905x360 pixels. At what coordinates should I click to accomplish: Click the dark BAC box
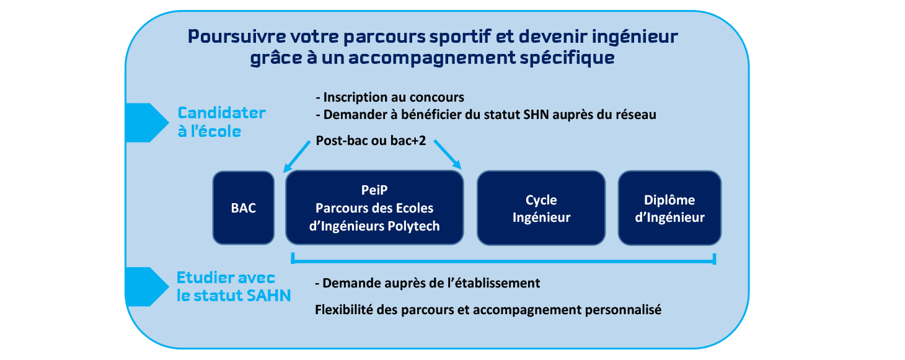coord(244,208)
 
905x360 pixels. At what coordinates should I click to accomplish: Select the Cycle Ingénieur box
coord(541,208)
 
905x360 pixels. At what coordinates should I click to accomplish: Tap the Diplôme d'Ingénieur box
coord(669,208)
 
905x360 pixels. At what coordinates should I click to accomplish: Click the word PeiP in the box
coord(374,190)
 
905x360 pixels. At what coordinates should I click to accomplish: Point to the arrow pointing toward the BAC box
coord(297,156)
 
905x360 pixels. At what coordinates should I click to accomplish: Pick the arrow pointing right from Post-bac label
coord(448,154)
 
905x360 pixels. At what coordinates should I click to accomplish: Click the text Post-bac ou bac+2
coord(371,141)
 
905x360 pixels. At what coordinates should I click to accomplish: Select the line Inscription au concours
coord(390,97)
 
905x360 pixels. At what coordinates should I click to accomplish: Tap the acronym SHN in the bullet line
coord(536,115)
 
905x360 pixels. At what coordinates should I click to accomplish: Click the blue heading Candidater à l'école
coord(221,122)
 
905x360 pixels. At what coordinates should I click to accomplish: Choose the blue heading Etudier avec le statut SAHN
coord(234,286)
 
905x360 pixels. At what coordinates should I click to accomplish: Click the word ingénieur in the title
coord(635,37)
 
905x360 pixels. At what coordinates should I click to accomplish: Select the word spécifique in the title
coord(567,58)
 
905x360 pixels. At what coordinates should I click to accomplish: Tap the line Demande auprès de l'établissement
coord(428,283)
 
